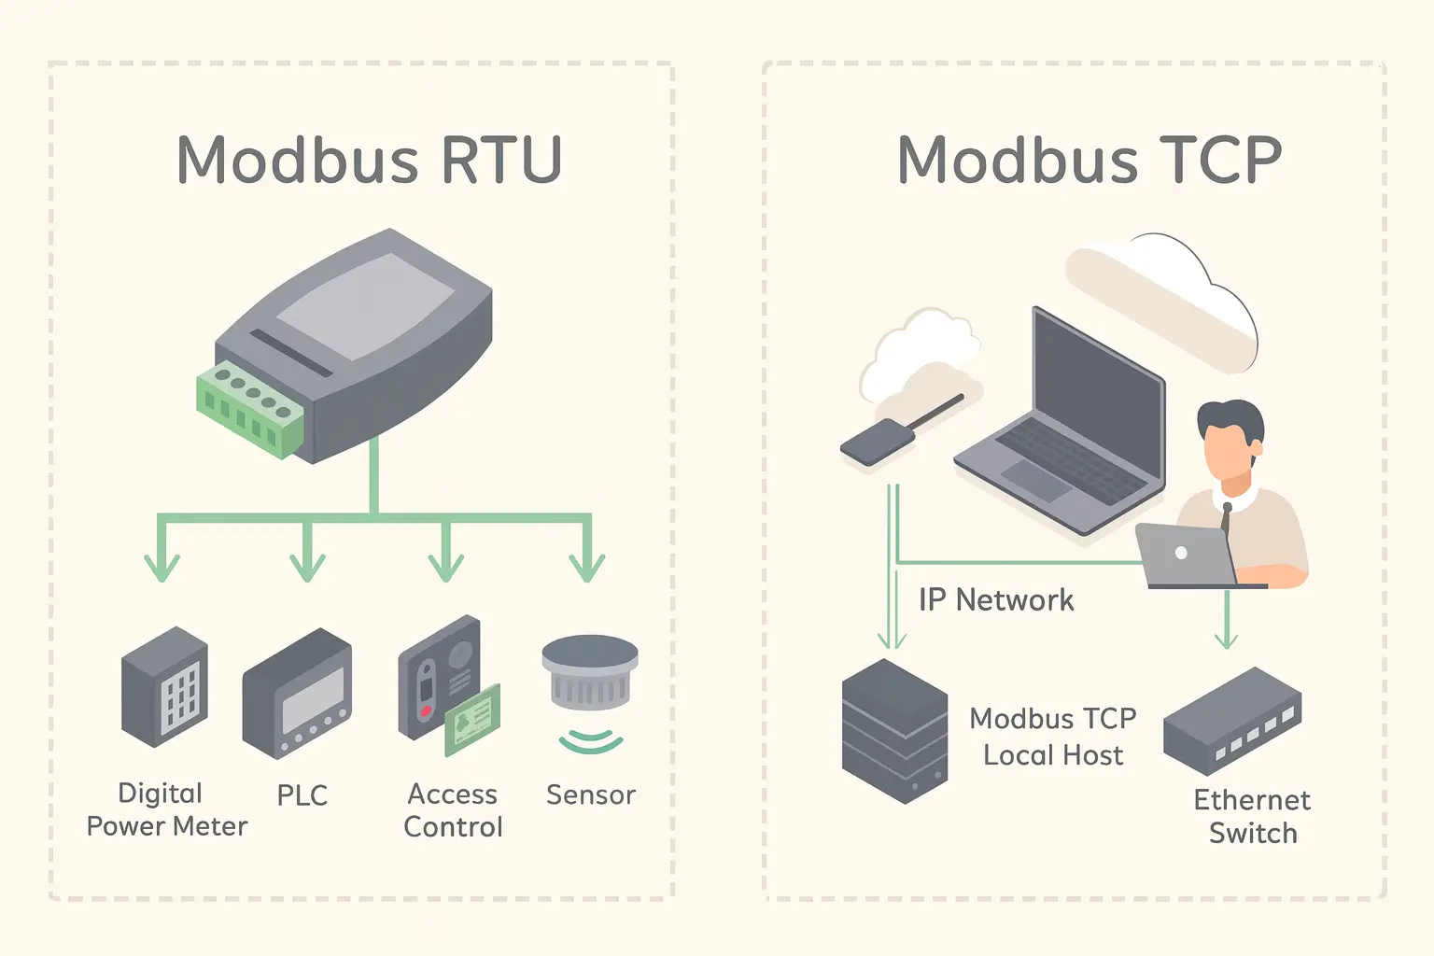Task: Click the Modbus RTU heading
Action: pyautogui.click(x=369, y=160)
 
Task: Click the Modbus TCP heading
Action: pyautogui.click(x=1089, y=160)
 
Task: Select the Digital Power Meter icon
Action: pyautogui.click(x=164, y=686)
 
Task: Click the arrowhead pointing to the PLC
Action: pyautogui.click(x=307, y=567)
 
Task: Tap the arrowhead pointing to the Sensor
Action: pyautogui.click(x=587, y=567)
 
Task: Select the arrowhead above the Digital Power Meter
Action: pyautogui.click(x=162, y=567)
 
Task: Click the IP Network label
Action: pyautogui.click(x=995, y=599)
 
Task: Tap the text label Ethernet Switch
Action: pyautogui.click(x=1252, y=816)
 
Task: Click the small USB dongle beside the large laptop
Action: pyautogui.click(x=878, y=442)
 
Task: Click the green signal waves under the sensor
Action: pyautogui.click(x=590, y=741)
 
